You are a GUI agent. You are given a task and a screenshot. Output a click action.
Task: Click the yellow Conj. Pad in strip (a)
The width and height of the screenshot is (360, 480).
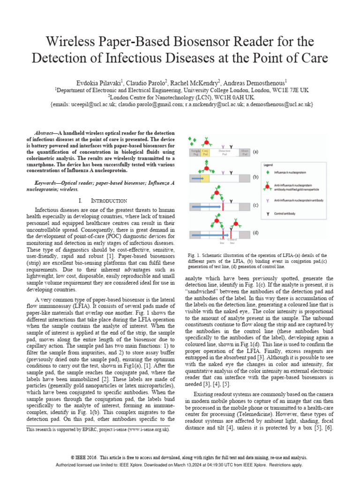point(205,152)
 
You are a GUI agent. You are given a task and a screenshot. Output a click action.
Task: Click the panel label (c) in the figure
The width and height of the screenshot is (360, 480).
point(255,205)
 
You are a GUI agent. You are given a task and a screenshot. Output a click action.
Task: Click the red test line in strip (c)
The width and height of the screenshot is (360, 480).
point(223,206)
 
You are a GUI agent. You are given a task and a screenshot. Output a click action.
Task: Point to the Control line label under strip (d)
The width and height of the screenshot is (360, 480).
point(232,241)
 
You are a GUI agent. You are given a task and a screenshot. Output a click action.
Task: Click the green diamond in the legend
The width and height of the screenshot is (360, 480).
point(267,173)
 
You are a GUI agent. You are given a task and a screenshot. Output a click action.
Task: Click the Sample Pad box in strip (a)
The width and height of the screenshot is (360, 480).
point(194,152)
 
